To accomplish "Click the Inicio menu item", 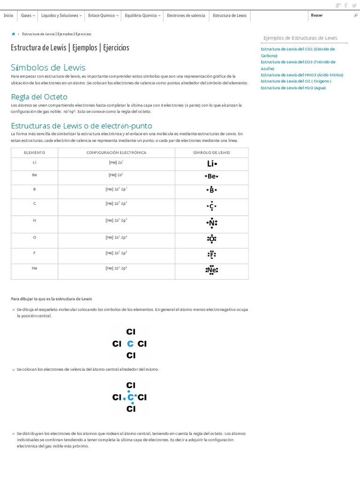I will coord(8,15).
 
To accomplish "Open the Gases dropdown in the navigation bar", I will coord(28,15).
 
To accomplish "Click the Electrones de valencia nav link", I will coord(186,15).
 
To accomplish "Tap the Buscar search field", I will coord(330,15).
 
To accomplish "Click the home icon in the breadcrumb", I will coord(13,34).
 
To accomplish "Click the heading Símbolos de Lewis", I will coord(48,67).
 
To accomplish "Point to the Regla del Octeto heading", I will coord(39,97).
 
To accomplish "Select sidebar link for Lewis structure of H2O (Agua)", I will coord(293,88).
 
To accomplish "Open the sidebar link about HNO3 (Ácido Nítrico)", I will coord(302,75).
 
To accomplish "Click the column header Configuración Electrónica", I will coord(116,153).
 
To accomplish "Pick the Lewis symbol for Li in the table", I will coord(212,164).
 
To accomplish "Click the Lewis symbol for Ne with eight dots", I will coord(211,270).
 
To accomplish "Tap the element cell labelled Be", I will coord(35,174).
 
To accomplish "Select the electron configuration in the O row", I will coord(116,237).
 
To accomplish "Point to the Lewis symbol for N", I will coord(212,223).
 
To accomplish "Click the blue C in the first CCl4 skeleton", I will coord(131,344).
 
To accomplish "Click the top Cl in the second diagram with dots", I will coord(131,386).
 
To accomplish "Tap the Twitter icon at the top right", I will coord(354,5).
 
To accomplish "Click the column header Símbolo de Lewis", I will coord(211,153).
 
